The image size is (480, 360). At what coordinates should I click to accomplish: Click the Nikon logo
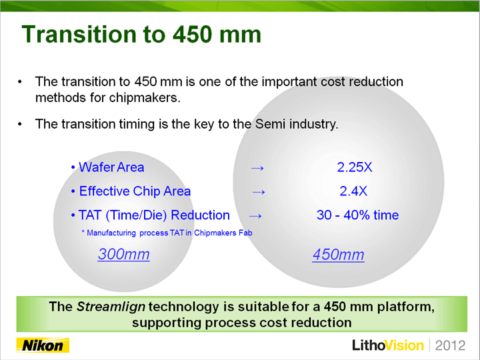43,345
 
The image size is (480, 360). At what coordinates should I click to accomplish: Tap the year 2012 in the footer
450,345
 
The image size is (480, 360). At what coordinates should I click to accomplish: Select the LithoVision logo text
388,345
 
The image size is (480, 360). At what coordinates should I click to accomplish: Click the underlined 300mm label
124,254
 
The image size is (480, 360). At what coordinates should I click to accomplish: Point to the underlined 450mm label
338,255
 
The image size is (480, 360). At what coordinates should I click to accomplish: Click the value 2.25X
355,167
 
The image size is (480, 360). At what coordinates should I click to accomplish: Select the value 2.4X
353,191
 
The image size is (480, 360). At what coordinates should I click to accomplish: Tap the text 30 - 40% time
357,215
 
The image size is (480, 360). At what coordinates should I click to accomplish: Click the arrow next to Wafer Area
257,168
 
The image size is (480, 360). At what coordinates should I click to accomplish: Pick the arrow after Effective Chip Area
259,192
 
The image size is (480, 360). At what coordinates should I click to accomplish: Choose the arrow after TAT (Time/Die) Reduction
255,216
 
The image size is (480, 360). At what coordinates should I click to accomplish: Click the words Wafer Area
111,167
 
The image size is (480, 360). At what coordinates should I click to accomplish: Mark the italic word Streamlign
111,307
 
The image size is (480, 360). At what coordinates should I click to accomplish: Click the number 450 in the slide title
191,34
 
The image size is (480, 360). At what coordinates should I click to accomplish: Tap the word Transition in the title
79,34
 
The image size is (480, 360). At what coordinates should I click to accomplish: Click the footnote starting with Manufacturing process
167,233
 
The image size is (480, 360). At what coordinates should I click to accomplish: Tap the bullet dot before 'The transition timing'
20,124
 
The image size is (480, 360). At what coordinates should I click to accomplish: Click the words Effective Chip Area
135,191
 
